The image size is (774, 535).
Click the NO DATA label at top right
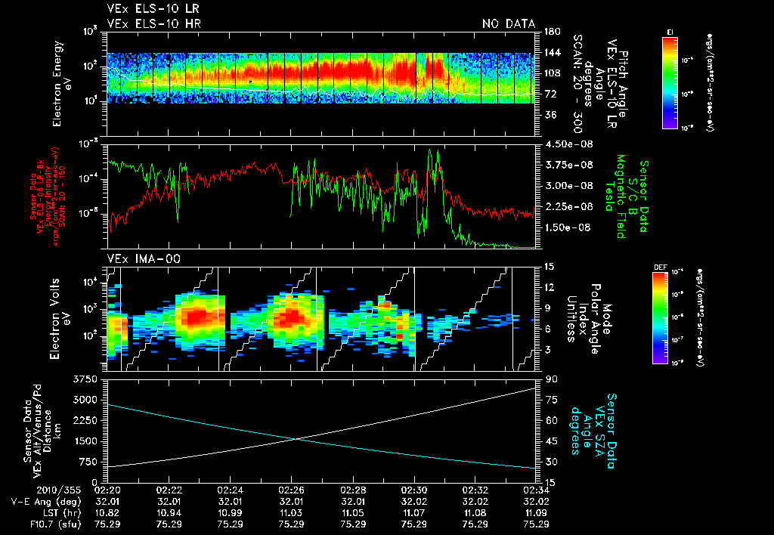(509, 23)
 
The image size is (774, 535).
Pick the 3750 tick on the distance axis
(86, 378)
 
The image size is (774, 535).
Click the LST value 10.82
(107, 512)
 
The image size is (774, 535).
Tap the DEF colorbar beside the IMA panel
(658, 317)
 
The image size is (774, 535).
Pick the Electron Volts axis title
(62, 317)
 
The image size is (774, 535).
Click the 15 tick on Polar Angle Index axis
(546, 266)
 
